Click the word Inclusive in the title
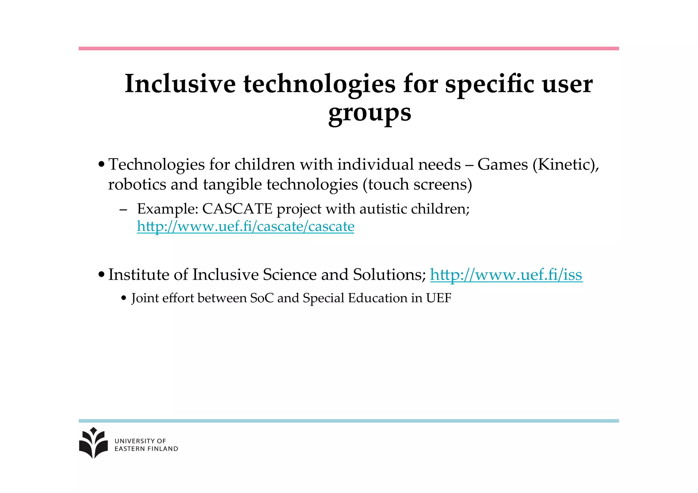pyautogui.click(x=180, y=84)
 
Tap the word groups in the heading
pyautogui.click(x=369, y=112)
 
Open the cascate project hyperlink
pyautogui.click(x=245, y=227)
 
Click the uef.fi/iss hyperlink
pyautogui.click(x=506, y=275)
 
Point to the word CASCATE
pyautogui.click(x=237, y=209)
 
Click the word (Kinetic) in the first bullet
pyautogui.click(x=565, y=165)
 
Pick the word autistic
pyautogui.click(x=383, y=209)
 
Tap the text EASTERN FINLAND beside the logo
pyautogui.click(x=146, y=449)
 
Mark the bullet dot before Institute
pyautogui.click(x=101, y=275)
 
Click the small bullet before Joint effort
pyautogui.click(x=124, y=298)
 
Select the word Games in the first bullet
pyautogui.click(x=502, y=165)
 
